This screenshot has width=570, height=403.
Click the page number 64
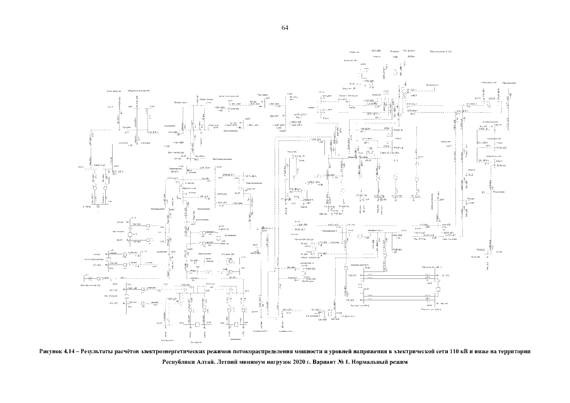pyautogui.click(x=285, y=28)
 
